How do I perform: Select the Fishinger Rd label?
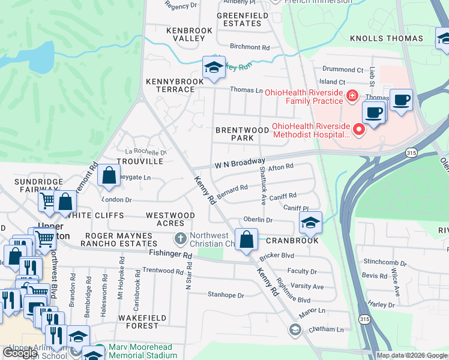(x=171, y=255)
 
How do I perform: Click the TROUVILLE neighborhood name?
(x=140, y=161)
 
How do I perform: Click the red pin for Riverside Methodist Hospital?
(x=360, y=129)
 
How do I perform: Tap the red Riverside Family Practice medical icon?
(x=352, y=95)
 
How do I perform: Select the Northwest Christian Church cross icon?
(x=180, y=239)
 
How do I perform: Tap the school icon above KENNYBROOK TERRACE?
(x=213, y=67)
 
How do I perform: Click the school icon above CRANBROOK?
(x=310, y=223)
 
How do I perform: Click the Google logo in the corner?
(x=20, y=352)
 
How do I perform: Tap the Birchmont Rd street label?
(x=249, y=47)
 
